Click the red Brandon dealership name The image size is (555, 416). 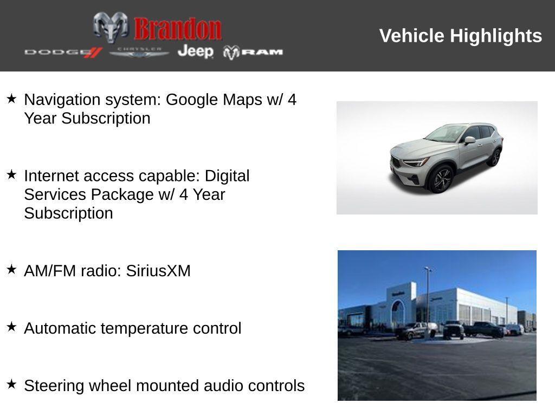tap(178, 29)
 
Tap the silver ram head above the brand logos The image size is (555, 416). tap(111, 27)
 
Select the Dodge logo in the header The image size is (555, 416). tap(63, 53)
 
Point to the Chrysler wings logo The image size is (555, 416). tap(139, 53)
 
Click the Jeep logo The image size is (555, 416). tap(195, 51)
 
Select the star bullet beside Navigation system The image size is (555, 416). tap(11, 99)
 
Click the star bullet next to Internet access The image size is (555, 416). tap(11, 174)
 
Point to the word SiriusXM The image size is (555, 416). tap(158, 271)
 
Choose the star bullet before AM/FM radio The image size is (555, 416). tap(11, 269)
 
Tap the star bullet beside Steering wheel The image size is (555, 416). tap(11, 384)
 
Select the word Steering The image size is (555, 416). tap(54, 386)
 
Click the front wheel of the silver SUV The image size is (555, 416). tap(441, 179)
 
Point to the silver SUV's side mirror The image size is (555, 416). tap(470, 140)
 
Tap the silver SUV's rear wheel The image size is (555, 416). tap(495, 158)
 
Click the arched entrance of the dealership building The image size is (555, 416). tap(398, 311)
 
